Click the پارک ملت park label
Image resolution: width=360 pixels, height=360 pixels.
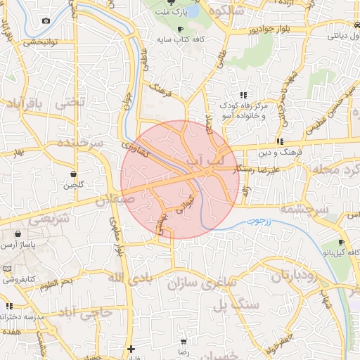pyautogui.click(x=173, y=13)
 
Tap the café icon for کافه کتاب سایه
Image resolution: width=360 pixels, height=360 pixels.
pyautogui.click(x=181, y=29)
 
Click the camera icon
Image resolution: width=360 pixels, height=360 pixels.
pyautogui.click(x=46, y=20)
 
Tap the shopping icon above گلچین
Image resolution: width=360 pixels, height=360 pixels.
pyautogui.click(x=74, y=173)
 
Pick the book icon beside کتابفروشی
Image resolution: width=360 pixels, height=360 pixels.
pyautogui.click(x=6, y=269)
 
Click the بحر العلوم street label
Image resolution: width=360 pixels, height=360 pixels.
pyautogui.click(x=56, y=283)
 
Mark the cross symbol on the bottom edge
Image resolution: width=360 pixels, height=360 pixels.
pyautogui.click(x=131, y=349)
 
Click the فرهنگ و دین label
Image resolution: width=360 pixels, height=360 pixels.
pyautogui.click(x=280, y=151)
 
